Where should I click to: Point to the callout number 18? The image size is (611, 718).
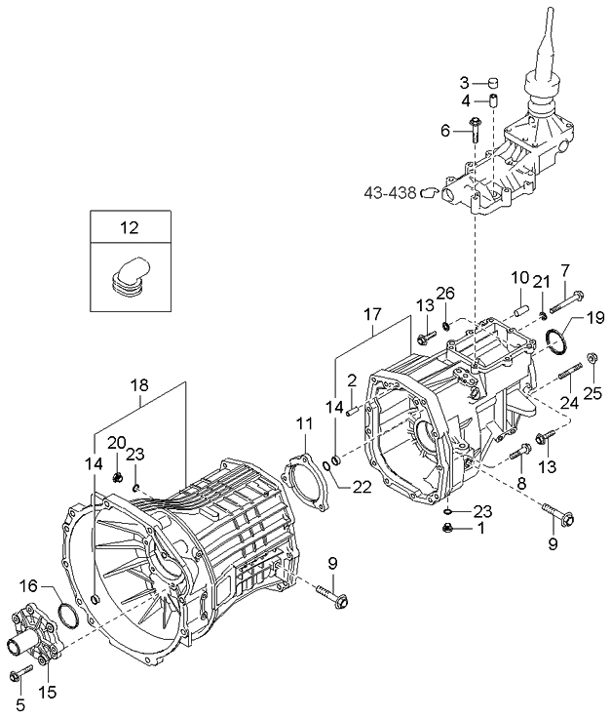pyautogui.click(x=143, y=385)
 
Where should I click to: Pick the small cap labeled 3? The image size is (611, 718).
pyautogui.click(x=493, y=82)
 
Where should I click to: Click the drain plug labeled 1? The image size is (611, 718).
pyautogui.click(x=448, y=528)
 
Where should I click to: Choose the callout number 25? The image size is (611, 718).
pyautogui.click(x=592, y=393)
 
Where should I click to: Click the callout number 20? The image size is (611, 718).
pyautogui.click(x=116, y=443)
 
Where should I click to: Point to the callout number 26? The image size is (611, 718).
pyautogui.click(x=445, y=293)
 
